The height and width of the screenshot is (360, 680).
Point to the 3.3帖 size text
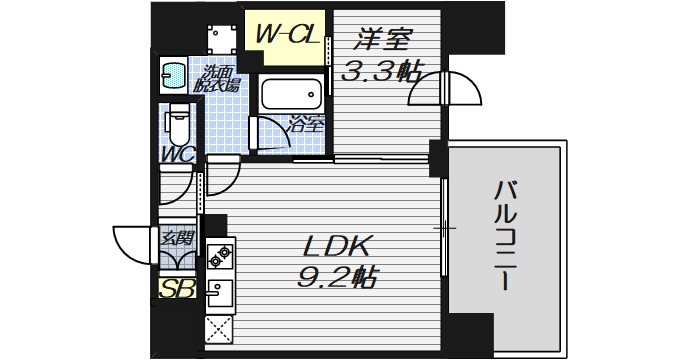(381, 73)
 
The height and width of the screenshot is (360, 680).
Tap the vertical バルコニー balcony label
(507, 234)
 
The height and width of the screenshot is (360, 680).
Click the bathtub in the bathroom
(291, 96)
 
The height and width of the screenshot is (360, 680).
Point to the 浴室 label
(307, 124)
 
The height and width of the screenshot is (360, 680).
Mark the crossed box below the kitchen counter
(217, 328)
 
